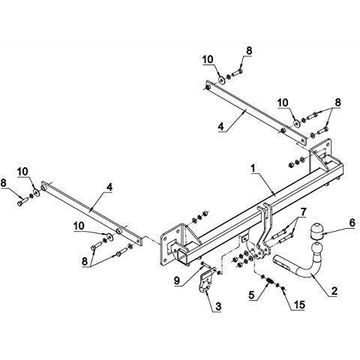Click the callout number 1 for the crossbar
pos(253,169)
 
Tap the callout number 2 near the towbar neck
pos(334,291)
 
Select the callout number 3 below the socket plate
pos(218,306)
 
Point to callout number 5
pos(251,295)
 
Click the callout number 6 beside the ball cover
pos(352,223)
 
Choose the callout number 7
pos(303,212)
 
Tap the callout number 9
pos(177,280)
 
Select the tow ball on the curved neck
pos(316,250)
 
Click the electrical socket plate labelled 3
pos(206,280)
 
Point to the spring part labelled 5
pos(270,282)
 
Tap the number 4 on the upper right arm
pos(220,126)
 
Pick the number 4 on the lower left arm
pos(109,187)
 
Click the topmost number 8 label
pos(249,51)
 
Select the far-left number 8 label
pos(4,182)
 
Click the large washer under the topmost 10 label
pos(222,79)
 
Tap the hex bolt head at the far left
pos(20,203)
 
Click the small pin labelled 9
pos(206,265)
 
